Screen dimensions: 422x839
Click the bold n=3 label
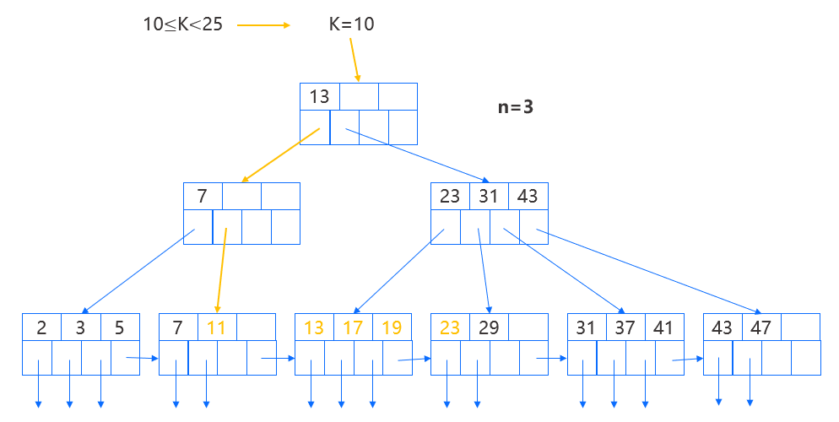[515, 108]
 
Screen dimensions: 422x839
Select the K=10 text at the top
[351, 24]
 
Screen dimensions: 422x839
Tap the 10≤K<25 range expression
[183, 24]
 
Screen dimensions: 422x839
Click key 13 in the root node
[319, 96]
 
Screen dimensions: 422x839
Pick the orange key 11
[217, 327]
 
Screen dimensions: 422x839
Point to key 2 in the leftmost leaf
[41, 327]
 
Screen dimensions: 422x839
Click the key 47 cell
[761, 327]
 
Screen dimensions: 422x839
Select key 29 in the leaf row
[489, 327]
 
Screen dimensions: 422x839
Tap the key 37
[625, 327]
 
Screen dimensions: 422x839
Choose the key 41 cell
[664, 327]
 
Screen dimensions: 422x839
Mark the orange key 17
[353, 327]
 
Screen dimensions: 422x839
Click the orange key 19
[392, 327]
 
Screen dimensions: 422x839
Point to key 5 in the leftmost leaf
[119, 327]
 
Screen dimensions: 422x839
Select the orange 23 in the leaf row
[450, 327]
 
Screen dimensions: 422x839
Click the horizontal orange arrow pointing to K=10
[263, 24]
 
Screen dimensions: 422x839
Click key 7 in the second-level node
[203, 197]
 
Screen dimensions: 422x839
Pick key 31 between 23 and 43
[489, 197]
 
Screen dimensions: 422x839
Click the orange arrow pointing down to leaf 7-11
[222, 270]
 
